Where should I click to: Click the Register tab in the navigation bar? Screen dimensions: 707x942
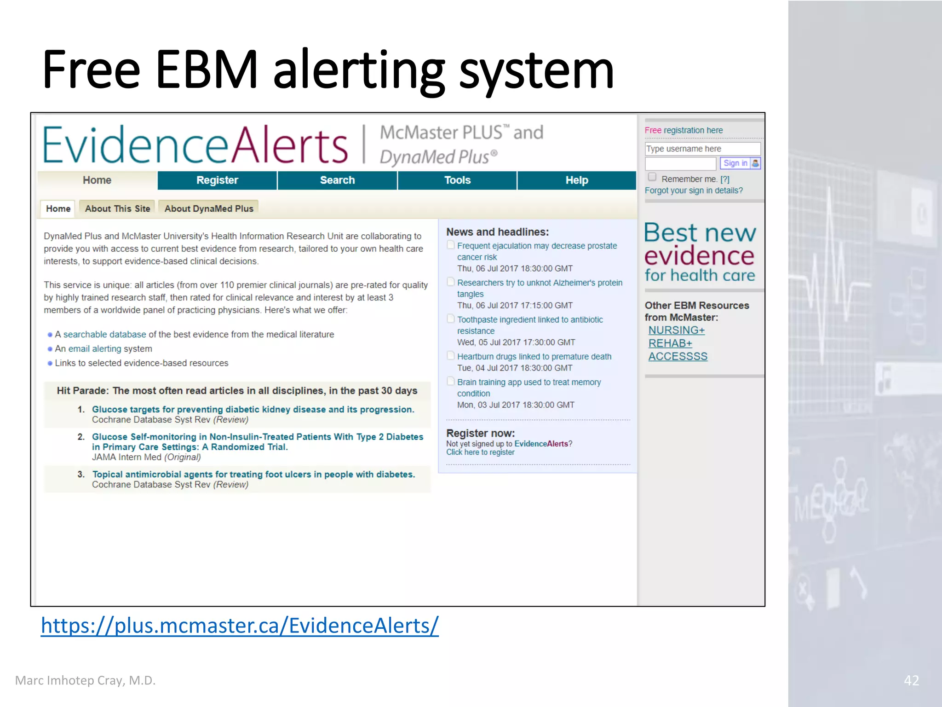coord(217,180)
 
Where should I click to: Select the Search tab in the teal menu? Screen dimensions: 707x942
coord(337,180)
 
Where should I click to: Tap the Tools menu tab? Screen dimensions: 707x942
coord(457,180)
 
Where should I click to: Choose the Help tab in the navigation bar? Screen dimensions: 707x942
coord(577,180)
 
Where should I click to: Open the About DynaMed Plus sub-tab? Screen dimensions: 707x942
coord(209,209)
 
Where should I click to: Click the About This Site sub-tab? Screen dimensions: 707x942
coord(117,209)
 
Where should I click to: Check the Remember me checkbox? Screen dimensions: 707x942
coord(652,177)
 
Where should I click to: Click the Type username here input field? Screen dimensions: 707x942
coord(702,149)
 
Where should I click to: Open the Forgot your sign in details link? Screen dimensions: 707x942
coord(694,191)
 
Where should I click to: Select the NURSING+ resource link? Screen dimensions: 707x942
coord(677,330)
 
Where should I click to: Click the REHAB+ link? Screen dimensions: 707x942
coord(670,343)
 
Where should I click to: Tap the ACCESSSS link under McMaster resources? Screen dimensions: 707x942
coord(678,356)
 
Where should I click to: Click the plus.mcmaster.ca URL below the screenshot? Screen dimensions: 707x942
coord(240,626)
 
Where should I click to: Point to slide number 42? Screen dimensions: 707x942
coord(911,680)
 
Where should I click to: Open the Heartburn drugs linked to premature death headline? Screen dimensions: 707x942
coord(534,357)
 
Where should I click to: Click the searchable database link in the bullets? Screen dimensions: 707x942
coord(104,335)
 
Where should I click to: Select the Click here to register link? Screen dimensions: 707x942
coord(480,452)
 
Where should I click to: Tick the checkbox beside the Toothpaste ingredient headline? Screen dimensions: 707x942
coord(451,319)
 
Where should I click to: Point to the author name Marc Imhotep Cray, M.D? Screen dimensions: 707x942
coord(86,680)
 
